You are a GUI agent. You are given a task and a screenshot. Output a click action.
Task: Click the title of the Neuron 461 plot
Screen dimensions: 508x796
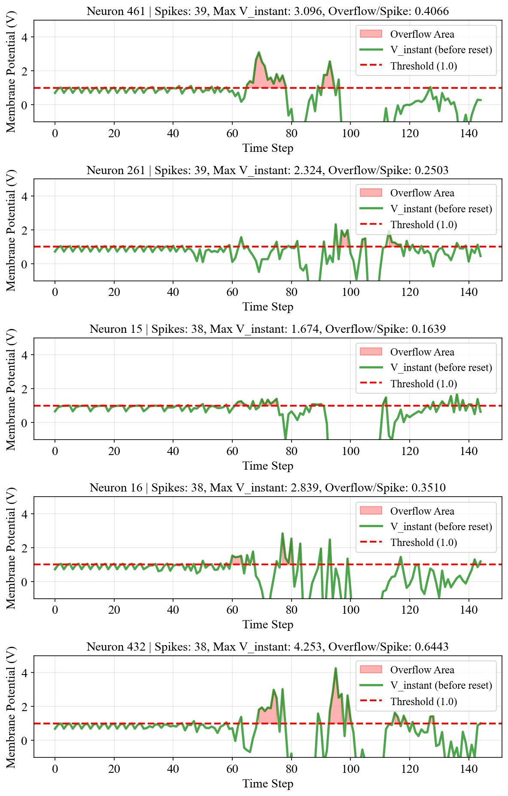point(268,11)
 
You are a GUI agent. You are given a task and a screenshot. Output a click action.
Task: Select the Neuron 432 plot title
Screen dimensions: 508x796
point(268,647)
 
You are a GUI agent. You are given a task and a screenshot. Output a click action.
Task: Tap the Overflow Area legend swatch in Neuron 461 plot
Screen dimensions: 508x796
point(371,34)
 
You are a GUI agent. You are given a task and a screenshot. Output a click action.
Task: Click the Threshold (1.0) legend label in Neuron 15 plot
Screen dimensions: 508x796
point(423,384)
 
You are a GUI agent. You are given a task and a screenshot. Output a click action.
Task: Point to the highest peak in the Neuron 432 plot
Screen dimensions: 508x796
point(335,668)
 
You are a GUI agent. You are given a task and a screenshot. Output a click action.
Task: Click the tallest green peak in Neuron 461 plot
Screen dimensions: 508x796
point(259,52)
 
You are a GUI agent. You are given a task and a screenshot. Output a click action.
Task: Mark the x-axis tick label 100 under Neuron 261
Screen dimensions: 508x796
point(350,292)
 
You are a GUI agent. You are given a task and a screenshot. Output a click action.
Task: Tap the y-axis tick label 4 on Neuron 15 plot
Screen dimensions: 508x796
point(24,355)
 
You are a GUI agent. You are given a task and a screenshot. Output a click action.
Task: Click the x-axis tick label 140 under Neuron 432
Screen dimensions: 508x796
point(468,769)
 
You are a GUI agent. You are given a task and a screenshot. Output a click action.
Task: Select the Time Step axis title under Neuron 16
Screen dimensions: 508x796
point(268,624)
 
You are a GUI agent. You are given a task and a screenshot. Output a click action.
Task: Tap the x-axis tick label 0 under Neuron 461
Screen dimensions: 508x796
point(55,133)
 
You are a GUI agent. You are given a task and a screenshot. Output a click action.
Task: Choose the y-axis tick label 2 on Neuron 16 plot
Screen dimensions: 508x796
point(24,548)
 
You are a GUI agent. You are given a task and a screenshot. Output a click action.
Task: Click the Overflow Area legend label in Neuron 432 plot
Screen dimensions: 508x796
point(422,670)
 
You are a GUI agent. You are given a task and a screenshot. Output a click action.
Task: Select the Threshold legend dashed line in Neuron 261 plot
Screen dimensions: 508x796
point(371,224)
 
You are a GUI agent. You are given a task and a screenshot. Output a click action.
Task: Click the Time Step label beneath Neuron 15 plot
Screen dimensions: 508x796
point(268,466)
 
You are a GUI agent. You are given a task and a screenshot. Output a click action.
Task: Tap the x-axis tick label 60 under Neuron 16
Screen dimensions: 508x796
point(232,610)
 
